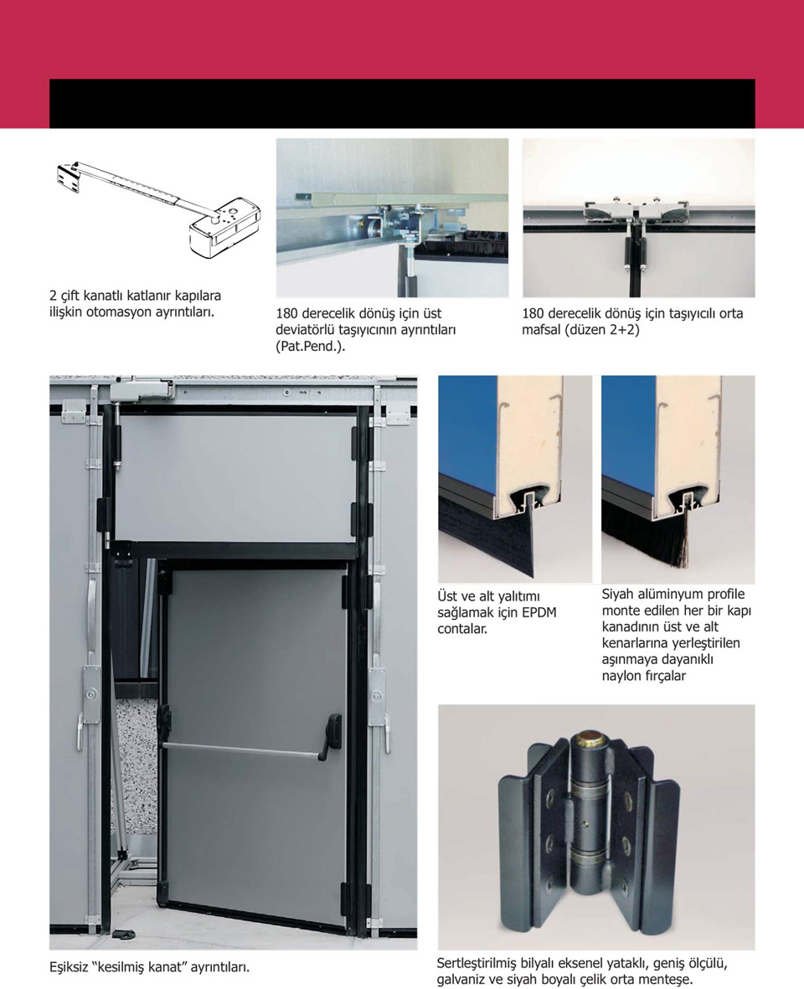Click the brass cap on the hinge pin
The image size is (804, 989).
tap(591, 736)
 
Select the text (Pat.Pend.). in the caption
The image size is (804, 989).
tap(310, 347)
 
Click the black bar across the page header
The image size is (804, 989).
tap(402, 104)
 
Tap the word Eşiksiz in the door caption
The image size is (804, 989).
tap(71, 967)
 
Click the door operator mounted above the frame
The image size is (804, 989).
tap(142, 389)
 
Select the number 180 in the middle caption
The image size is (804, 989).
tap(287, 313)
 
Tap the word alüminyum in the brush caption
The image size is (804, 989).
tap(668, 595)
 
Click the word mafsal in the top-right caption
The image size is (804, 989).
tap(540, 330)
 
